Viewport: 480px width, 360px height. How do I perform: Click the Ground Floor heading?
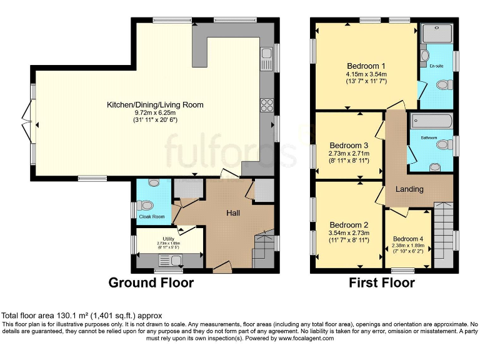point(151,282)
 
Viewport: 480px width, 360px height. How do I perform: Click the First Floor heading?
point(382,282)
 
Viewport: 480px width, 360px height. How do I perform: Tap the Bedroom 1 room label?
point(366,66)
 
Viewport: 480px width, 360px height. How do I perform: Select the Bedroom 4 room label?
point(407,239)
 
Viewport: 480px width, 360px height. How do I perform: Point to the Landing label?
point(409,189)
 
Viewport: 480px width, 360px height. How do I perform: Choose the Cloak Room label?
point(152,217)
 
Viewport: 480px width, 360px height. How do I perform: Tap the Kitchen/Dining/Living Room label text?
point(155,104)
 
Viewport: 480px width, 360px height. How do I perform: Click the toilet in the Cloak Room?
point(146,204)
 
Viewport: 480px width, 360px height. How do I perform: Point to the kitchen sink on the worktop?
point(267,59)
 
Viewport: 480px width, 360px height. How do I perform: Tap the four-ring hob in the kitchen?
point(267,103)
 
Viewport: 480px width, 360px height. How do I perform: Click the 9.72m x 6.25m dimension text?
point(155,112)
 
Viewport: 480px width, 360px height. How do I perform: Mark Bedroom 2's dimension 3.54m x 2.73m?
point(349,233)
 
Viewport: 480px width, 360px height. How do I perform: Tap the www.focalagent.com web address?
point(302,338)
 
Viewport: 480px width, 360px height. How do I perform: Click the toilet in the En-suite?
point(445,84)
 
